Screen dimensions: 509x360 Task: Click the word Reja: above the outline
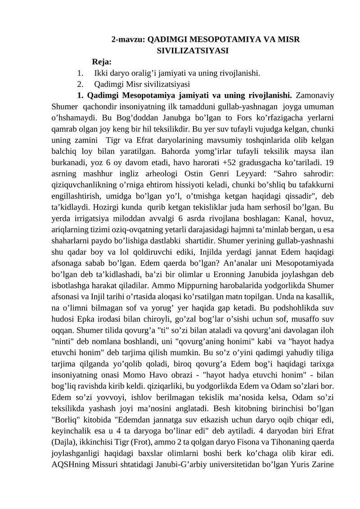coord(102,62)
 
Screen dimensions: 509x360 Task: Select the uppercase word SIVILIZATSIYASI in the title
coord(192,50)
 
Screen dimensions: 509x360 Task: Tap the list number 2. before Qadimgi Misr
coord(80,84)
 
